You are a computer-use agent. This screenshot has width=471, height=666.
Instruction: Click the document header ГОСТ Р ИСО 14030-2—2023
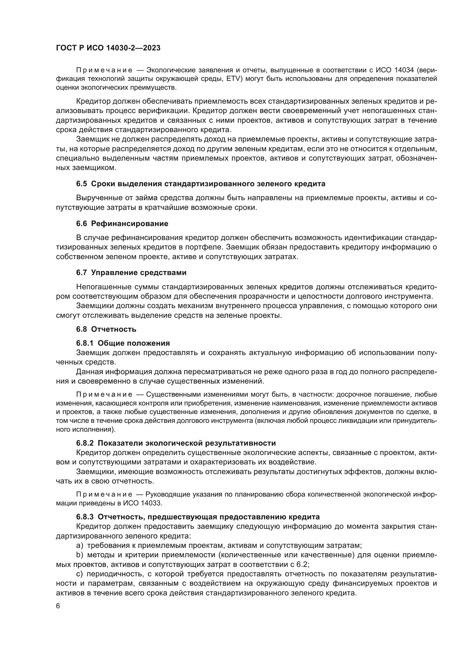108,48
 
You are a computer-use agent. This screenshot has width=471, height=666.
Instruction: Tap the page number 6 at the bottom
58,606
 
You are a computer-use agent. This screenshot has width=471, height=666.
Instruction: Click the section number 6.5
81,184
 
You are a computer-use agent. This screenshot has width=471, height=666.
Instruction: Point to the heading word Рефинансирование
129,223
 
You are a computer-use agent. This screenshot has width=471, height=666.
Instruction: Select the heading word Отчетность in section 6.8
113,329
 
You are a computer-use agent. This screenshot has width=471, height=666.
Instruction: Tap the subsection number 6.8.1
85,343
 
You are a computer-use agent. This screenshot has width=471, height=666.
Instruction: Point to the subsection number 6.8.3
85,517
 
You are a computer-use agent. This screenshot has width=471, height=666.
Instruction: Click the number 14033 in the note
151,503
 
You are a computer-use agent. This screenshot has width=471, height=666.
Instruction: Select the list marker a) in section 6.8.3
79,545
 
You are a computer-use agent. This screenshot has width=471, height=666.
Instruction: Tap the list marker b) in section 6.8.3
79,555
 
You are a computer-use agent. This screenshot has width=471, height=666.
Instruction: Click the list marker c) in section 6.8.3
79,574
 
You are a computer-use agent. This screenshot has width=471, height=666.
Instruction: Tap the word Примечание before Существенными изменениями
104,394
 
